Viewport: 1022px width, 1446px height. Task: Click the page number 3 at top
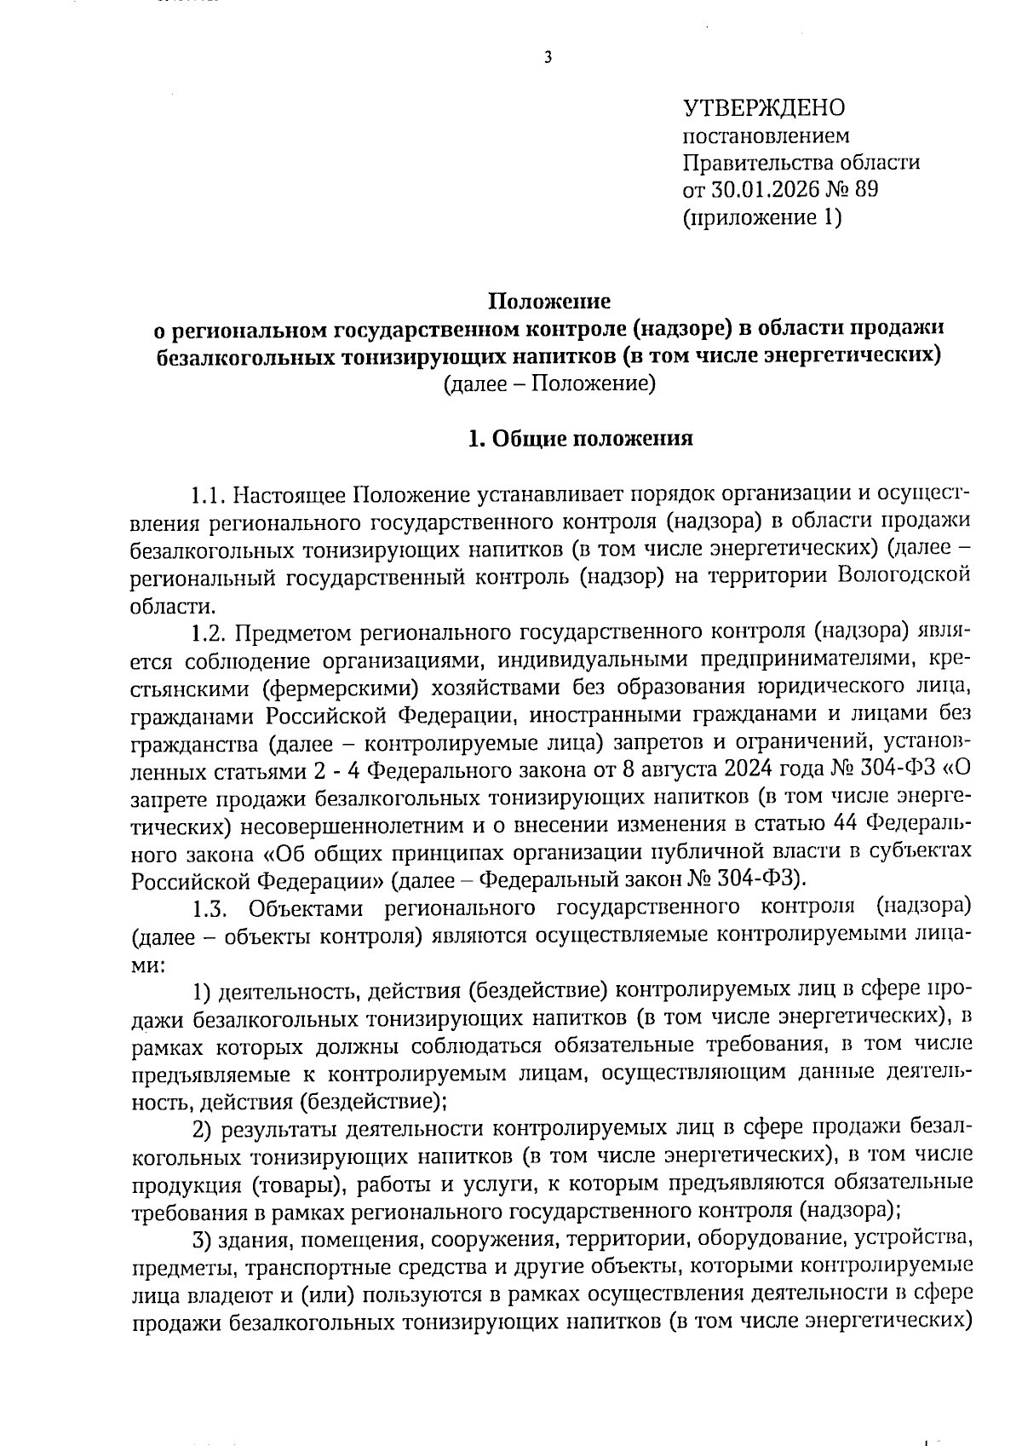[x=547, y=58]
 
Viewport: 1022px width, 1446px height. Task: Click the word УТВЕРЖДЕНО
[x=764, y=107]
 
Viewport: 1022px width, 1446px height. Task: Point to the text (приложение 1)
[x=761, y=218]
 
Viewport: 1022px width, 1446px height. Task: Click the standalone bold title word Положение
[x=548, y=301]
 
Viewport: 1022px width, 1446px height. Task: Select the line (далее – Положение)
[x=548, y=383]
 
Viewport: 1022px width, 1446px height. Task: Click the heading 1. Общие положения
[x=581, y=438]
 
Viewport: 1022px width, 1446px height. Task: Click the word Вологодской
[x=904, y=576]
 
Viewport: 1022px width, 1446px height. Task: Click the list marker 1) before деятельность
[x=202, y=991]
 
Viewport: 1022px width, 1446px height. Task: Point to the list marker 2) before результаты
[x=202, y=1129]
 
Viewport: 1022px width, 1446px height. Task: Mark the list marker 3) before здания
[x=202, y=1238]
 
